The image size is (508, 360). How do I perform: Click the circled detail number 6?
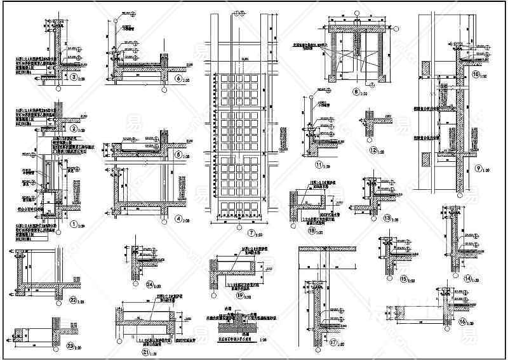pyautogui.click(x=178, y=78)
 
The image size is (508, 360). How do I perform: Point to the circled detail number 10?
pyautogui.click(x=476, y=74)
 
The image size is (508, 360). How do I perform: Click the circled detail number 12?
pyautogui.click(x=373, y=150)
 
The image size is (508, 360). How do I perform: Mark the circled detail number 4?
pyautogui.click(x=178, y=219)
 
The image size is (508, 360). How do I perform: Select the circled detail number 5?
pyautogui.click(x=178, y=154)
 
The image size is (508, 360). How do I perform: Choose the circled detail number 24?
pyautogui.click(x=150, y=284)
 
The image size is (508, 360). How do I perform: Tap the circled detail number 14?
pyautogui.click(x=467, y=278)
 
